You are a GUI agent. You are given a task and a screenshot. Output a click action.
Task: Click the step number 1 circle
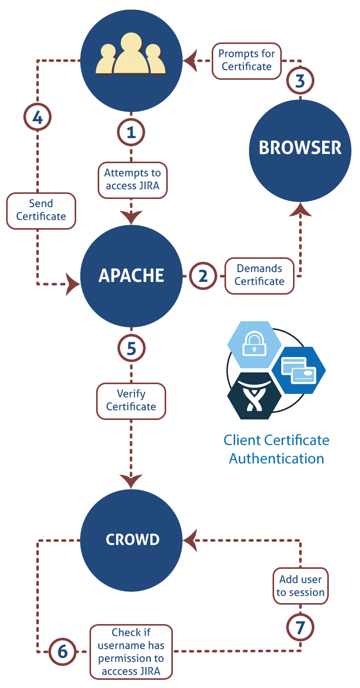(131, 132)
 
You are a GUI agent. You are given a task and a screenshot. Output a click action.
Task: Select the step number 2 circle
(202, 276)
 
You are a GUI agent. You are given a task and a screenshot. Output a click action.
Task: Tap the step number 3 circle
(300, 80)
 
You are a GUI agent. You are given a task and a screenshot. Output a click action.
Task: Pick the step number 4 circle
(37, 117)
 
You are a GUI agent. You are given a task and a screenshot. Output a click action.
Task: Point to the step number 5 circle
(131, 348)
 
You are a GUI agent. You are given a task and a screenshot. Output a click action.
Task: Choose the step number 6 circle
(62, 651)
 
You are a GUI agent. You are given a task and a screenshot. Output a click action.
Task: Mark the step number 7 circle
(300, 628)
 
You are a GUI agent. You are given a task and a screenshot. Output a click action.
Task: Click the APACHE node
(131, 276)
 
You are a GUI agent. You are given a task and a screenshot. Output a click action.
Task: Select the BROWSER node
(300, 148)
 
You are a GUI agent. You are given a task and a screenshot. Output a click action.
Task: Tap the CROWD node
(131, 539)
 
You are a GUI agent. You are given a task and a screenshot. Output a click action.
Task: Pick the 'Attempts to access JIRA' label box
(132, 179)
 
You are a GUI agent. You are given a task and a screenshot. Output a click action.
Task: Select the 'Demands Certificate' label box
(259, 275)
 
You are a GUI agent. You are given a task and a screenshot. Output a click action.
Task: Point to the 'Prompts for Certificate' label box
(246, 60)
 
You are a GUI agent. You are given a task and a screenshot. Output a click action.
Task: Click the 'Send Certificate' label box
(41, 210)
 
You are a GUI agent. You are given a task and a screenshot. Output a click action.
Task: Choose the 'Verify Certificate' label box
(131, 401)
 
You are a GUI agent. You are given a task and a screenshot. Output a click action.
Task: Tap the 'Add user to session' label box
(300, 586)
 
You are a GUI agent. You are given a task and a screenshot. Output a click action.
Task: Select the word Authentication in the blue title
(276, 458)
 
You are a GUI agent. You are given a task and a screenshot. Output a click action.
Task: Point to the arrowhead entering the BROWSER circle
(300, 209)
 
